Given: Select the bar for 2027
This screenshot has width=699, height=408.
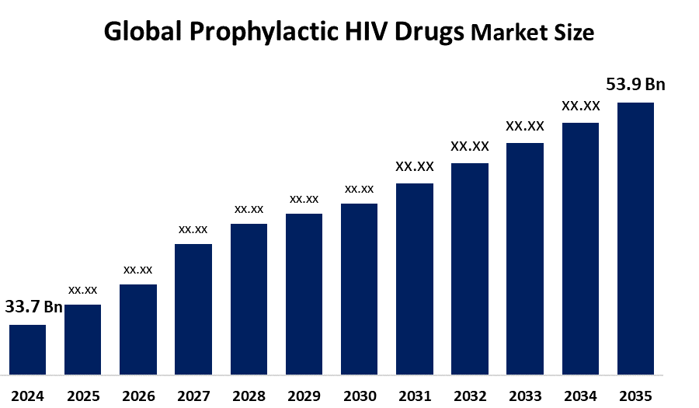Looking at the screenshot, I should point(193,312).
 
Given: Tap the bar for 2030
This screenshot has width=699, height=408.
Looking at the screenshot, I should point(359,291).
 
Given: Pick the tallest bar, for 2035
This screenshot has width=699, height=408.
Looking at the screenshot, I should point(635,241).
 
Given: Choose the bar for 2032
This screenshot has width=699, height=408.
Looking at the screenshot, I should point(470,271).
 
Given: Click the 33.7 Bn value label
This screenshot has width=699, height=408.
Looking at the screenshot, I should point(33,307).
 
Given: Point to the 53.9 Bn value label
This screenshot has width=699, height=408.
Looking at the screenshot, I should point(635,85).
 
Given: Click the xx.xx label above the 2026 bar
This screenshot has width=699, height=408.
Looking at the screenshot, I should point(138,270).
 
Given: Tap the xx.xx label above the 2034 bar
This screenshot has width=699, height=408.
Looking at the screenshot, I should point(580,106).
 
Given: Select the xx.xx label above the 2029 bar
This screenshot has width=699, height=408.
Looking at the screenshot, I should point(304,199).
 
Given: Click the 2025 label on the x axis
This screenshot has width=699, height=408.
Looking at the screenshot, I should point(83,395).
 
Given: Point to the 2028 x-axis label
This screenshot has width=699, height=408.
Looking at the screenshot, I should point(249,395).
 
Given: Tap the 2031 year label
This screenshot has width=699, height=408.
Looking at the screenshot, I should point(414,395).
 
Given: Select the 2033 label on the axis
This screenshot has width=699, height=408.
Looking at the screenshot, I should point(525,395).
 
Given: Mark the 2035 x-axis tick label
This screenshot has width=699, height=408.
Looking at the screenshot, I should point(635,395).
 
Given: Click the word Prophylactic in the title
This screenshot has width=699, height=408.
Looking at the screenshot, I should point(248,33).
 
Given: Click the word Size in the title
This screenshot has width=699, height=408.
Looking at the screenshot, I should point(577,33).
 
